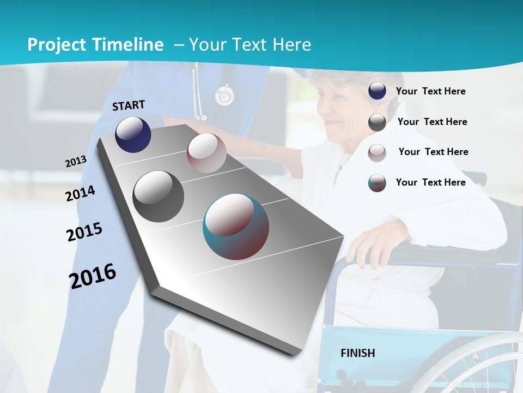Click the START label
pos(129,105)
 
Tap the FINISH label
pos(358,353)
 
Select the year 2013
pos(76,162)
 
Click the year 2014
pos(80,193)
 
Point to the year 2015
pos(84,232)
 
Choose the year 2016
pos(93,276)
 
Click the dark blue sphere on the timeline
pos(133,134)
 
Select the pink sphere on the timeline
pos(206,152)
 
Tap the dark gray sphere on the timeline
pos(159,196)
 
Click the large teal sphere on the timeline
pos(236,226)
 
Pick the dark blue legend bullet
pos(377,91)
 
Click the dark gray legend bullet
pos(377,122)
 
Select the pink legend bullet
pos(377,152)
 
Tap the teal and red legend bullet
pos(377,183)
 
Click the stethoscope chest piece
pos(224,96)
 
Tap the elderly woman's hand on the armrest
pos(371,246)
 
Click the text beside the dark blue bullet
pos(430,91)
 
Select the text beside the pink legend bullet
pos(433,152)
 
